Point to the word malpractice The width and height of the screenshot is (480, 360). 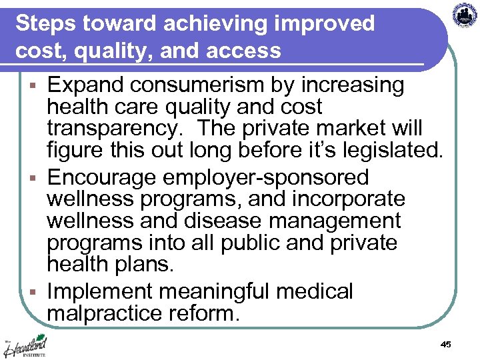click(106, 313)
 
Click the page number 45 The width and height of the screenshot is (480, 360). click(446, 344)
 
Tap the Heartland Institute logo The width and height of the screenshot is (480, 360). click(25, 347)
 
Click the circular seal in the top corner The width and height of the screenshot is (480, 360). click(465, 15)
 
